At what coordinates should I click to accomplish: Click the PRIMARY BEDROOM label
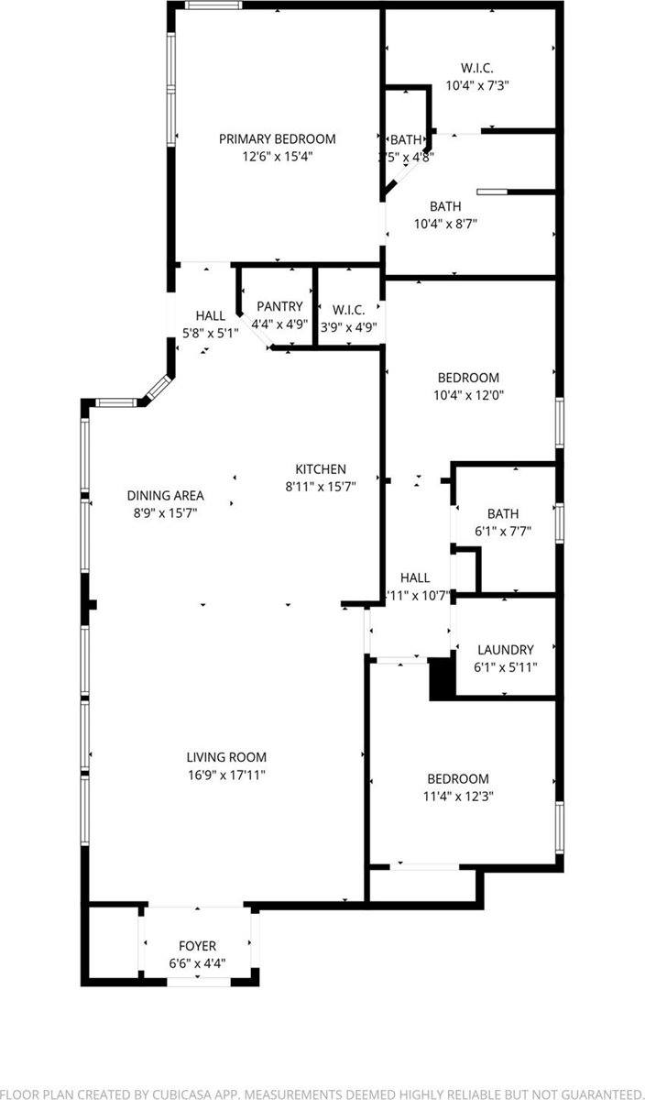coord(277,138)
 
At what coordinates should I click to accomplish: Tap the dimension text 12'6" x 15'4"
coord(277,156)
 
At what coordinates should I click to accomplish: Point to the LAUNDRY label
coord(505,650)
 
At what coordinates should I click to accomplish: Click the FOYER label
coord(197,946)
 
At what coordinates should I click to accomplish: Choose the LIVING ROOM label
coord(226,757)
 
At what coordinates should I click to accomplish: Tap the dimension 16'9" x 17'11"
coord(226,775)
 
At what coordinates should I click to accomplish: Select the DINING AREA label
coord(165,496)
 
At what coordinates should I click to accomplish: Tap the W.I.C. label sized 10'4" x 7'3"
coord(476,68)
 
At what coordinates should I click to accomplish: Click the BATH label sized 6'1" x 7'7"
coord(503,514)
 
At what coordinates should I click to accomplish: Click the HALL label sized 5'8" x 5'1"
coord(210,316)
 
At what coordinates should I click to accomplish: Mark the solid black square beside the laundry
coord(443,679)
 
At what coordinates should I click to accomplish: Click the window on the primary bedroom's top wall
coord(213,5)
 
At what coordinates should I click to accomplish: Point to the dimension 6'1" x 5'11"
coord(505,666)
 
